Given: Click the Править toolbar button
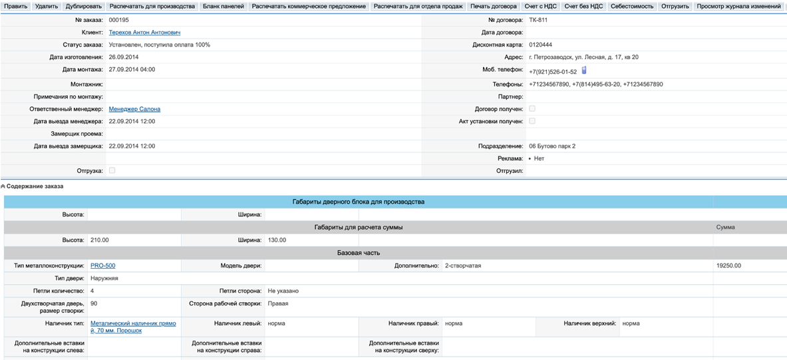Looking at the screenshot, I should [16, 6].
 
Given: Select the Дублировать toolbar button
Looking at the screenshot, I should [84, 6].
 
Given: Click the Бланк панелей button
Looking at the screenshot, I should [223, 6].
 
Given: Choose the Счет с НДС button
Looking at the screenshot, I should [540, 6].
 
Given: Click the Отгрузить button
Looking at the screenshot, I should [675, 6].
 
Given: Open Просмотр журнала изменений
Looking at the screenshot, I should [738, 6].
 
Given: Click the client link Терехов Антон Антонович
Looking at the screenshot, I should [144, 32].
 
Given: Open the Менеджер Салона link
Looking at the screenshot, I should [134, 109].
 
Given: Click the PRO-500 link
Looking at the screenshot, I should [102, 266].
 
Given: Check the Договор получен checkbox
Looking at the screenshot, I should [532, 108].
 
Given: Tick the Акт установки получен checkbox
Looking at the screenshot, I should [532, 121].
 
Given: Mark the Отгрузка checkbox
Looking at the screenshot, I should [112, 170].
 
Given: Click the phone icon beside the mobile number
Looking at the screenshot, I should [584, 70].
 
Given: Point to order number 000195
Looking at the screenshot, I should [118, 20].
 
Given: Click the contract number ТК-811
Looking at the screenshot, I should [538, 20].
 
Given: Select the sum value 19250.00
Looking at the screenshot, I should [728, 266].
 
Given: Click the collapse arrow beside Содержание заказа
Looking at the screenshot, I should [3, 186].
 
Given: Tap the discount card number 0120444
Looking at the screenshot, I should [540, 45].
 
